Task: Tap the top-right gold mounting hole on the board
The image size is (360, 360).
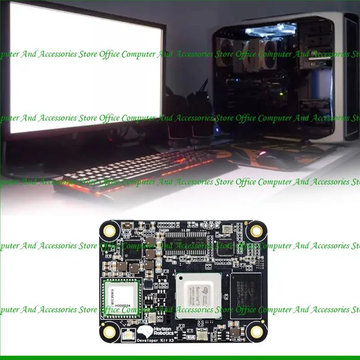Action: click(x=256, y=231)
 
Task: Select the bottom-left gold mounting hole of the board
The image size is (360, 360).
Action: click(x=109, y=332)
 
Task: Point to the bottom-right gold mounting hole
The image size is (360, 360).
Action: click(x=256, y=332)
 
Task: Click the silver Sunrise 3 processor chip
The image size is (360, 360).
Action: click(x=198, y=295)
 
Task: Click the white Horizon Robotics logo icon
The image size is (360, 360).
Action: click(x=144, y=332)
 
